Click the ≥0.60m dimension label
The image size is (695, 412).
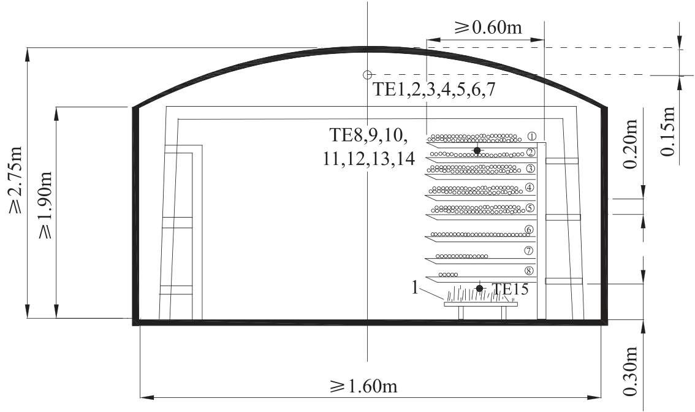pyautogui.click(x=488, y=28)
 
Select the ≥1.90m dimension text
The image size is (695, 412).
pyautogui.click(x=45, y=205)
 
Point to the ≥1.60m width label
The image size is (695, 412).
pyautogui.click(x=363, y=386)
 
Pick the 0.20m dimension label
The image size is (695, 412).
pyautogui.click(x=629, y=144)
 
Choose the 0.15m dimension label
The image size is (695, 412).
pyautogui.click(x=667, y=132)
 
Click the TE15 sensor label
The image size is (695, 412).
pyautogui.click(x=511, y=289)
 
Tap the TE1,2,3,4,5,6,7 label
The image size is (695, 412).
pyautogui.click(x=433, y=90)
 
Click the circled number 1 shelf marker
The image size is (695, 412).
pyautogui.click(x=533, y=136)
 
